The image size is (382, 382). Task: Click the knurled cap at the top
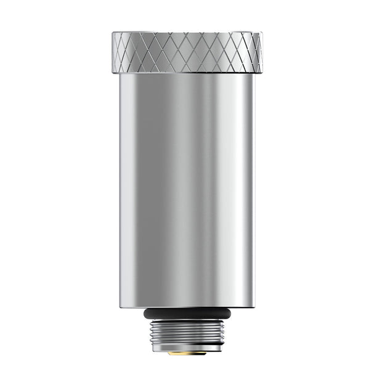click(187, 52)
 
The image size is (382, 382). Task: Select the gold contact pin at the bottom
click(187, 354)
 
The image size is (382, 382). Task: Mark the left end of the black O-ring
click(145, 314)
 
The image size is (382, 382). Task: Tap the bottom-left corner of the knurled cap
click(113, 73)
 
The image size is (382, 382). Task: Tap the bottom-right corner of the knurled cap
click(261, 73)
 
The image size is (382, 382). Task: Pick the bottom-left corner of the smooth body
click(121, 307)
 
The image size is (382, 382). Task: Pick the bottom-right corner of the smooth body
click(254, 307)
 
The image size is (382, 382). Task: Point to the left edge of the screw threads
click(152, 334)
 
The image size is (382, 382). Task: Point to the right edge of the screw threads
click(223, 334)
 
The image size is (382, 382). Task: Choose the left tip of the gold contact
click(168, 354)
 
